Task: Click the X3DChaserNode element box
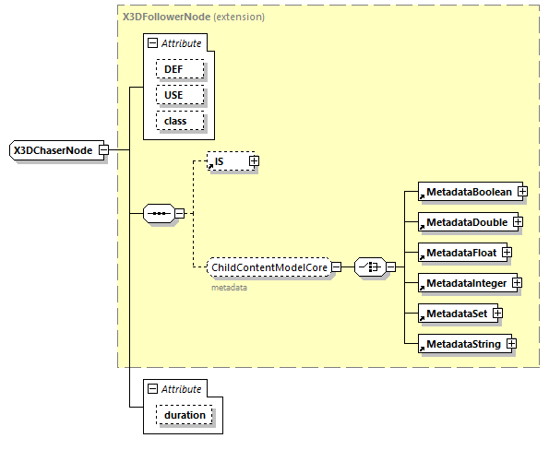(54, 150)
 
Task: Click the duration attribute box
(185, 416)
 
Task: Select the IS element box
(226, 161)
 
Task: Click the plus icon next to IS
(254, 161)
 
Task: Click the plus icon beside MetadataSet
(497, 314)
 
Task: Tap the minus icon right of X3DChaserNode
(103, 150)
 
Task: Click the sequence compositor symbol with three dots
(159, 214)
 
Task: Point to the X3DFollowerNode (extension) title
(193, 17)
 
